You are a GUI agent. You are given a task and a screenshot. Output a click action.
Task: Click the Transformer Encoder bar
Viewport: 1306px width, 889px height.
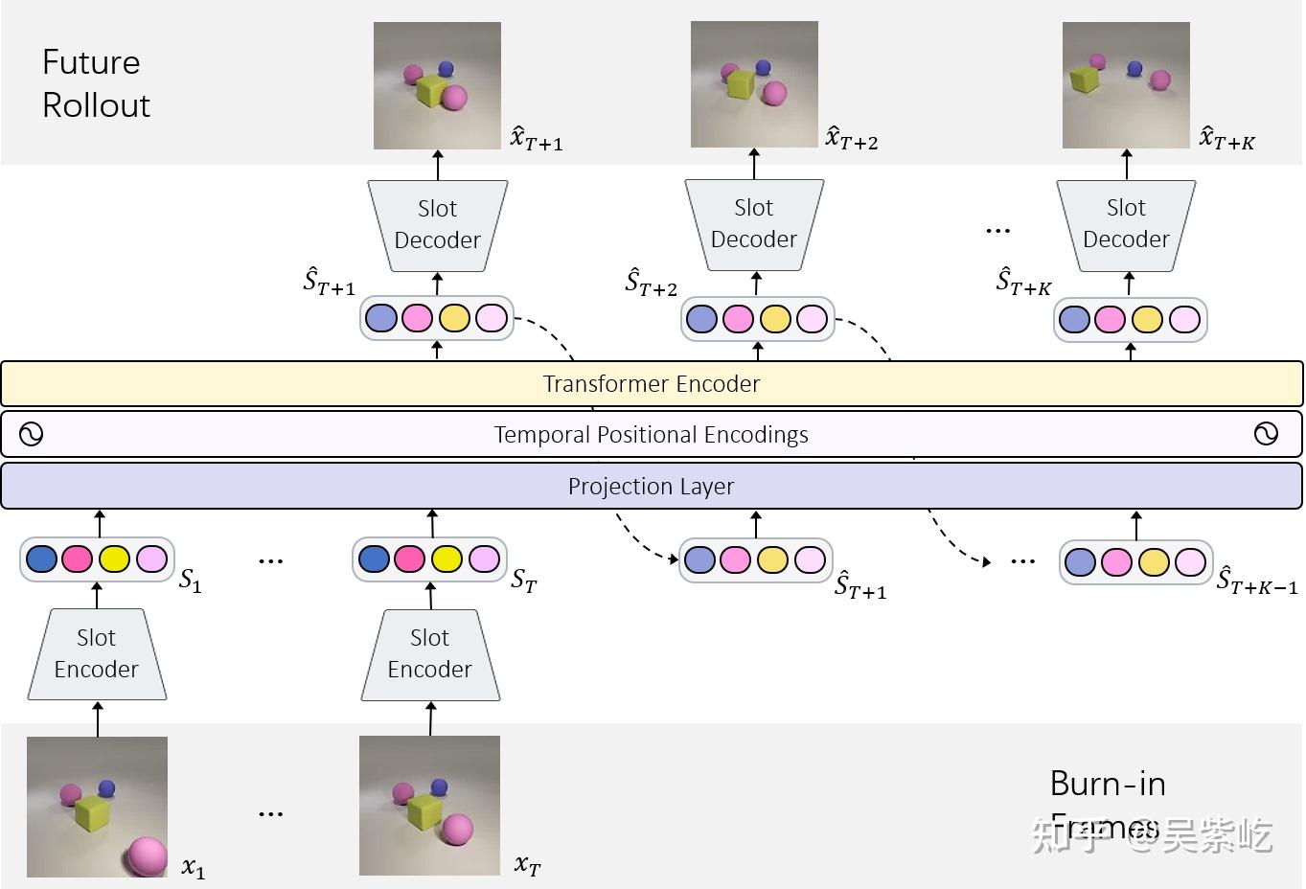652,384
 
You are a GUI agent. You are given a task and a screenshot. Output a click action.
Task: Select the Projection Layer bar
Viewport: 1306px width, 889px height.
652,486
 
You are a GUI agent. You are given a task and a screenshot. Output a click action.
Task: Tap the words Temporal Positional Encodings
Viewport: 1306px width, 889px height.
652,435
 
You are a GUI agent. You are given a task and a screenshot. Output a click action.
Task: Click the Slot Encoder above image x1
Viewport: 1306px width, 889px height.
97,654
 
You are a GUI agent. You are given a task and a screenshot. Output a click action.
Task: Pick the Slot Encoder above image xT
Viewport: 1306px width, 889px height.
430,654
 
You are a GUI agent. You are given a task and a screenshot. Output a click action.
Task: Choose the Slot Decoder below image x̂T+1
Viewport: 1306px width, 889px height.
438,225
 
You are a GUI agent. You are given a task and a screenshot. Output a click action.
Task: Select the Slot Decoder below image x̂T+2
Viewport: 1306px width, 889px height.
754,224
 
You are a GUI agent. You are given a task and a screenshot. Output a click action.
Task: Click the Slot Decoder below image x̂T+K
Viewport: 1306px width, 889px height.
1126,224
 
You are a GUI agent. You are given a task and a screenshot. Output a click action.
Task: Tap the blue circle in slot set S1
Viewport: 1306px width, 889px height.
41,558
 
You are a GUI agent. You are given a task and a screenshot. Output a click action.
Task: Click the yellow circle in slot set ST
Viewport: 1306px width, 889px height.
447,558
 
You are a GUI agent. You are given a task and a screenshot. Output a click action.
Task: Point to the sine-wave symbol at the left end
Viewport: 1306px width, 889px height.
31,435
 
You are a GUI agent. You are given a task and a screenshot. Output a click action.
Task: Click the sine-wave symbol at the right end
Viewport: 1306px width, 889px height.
1266,435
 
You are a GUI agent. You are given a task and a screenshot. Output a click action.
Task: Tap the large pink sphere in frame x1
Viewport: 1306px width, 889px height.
147,855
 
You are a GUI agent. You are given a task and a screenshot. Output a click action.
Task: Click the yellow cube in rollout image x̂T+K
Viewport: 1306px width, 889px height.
1084,79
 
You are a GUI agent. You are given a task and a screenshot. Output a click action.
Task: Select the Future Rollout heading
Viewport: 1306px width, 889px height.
96,83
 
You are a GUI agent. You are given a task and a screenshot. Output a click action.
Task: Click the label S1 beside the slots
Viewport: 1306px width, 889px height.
191,581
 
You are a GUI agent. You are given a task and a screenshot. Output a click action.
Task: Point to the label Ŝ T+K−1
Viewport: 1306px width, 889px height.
1256,581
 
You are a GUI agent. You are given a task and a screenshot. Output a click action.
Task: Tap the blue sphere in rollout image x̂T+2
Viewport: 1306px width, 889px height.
763,68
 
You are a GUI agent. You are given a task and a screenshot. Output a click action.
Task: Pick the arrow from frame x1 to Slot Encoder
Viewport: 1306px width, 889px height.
98,718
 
